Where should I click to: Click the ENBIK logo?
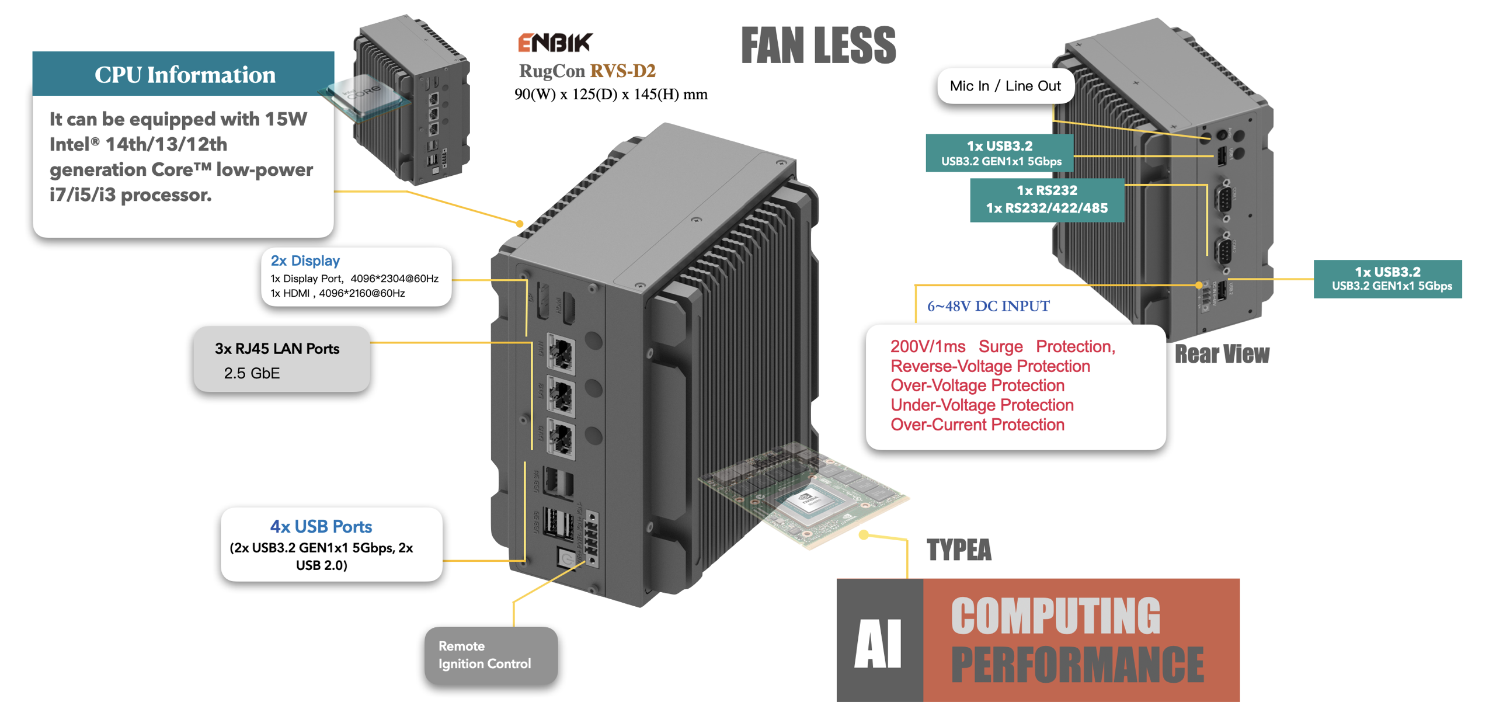(554, 43)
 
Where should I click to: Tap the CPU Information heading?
(185, 75)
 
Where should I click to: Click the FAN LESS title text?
(817, 46)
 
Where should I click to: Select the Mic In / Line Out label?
(1004, 86)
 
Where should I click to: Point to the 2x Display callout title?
(305, 260)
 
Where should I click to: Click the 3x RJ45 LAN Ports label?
(277, 349)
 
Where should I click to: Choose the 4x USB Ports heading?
(321, 526)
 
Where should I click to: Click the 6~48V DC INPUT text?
(987, 306)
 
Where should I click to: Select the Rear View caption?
(1221, 354)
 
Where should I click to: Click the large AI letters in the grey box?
(878, 642)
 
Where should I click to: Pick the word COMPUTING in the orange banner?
(1055, 616)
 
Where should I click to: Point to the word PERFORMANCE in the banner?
(1077, 665)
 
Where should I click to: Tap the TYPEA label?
(958, 550)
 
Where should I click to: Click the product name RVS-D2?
(622, 71)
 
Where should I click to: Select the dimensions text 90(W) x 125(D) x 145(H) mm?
(610, 94)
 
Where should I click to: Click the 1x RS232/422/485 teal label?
(1046, 208)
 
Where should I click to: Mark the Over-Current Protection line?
(977, 425)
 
